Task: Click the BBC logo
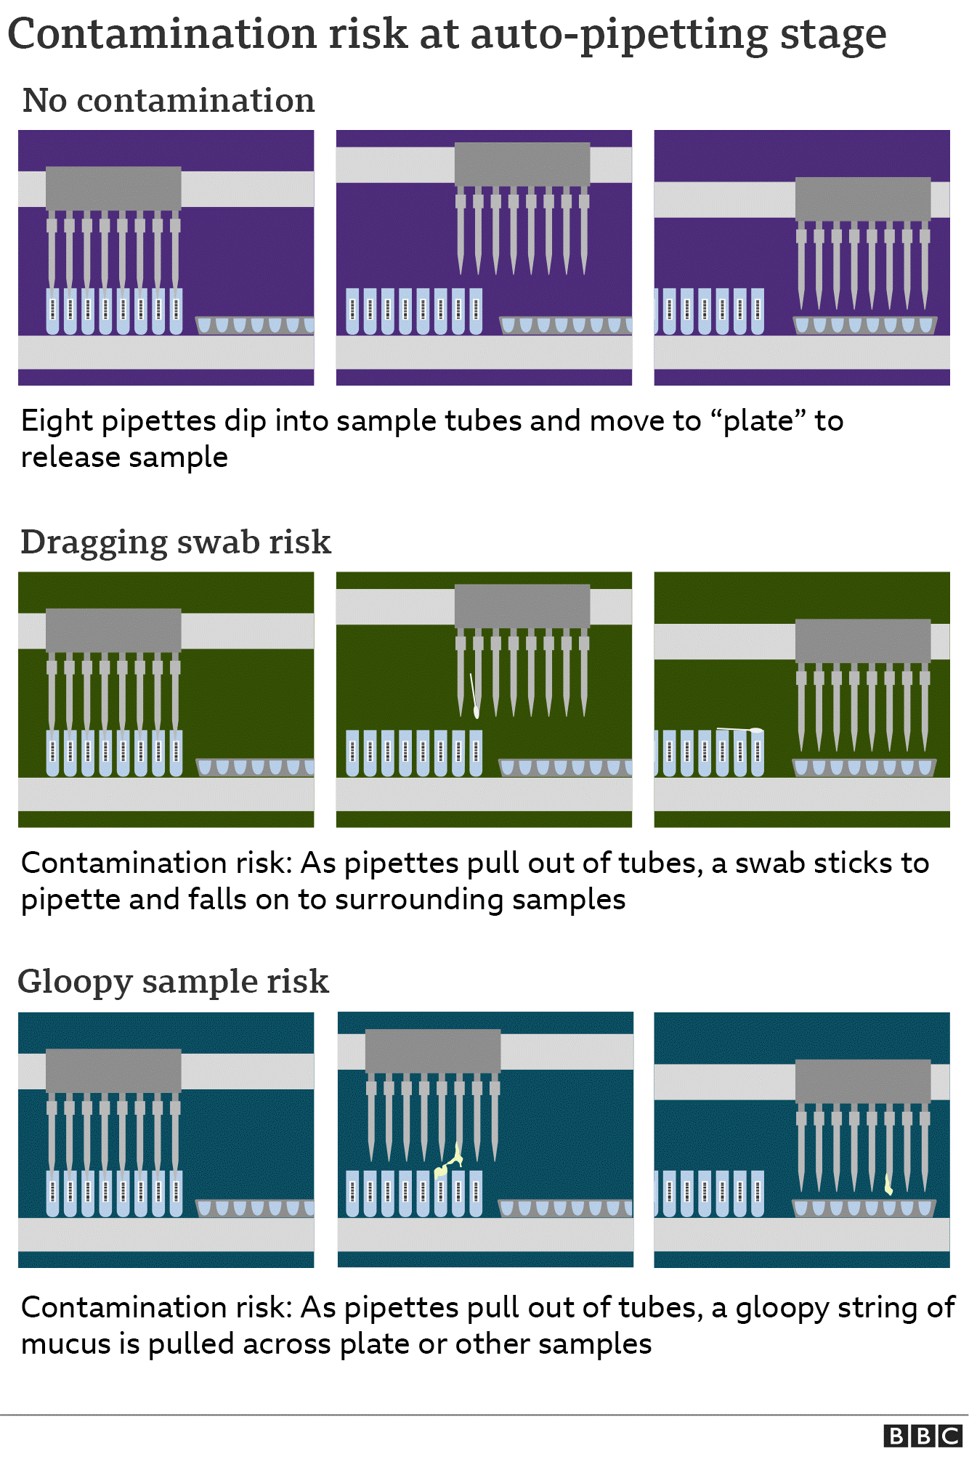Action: (x=923, y=1436)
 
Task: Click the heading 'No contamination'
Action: (x=169, y=100)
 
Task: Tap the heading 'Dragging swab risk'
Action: (x=176, y=542)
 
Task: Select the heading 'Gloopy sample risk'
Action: (x=174, y=982)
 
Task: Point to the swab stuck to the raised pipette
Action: (x=474, y=695)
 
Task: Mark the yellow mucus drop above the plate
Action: (x=888, y=1184)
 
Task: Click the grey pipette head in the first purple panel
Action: (x=113, y=189)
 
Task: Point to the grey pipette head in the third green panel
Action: (x=863, y=641)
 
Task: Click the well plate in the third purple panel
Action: (x=864, y=325)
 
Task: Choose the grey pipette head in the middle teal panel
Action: (x=433, y=1051)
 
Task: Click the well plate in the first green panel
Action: (x=255, y=767)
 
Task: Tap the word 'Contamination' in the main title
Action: (x=161, y=33)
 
